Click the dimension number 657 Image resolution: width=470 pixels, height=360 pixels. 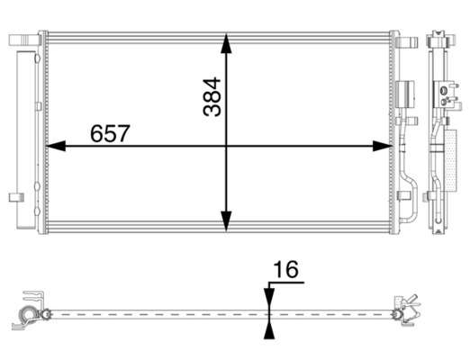click(x=110, y=133)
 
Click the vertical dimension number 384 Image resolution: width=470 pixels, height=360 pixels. click(x=212, y=96)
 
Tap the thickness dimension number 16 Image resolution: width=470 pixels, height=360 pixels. click(x=286, y=269)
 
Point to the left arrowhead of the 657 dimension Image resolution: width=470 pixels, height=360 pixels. click(x=56, y=146)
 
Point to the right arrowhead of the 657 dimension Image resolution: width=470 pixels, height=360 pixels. click(x=383, y=146)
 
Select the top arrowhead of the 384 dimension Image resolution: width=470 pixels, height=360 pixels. click(x=226, y=44)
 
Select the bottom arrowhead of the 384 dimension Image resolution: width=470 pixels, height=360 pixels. click(x=226, y=221)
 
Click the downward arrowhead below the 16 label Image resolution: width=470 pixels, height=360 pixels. click(x=269, y=298)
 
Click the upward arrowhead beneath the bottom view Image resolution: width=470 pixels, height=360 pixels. click(x=269, y=329)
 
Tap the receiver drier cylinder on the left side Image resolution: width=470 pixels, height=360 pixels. click(x=26, y=140)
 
